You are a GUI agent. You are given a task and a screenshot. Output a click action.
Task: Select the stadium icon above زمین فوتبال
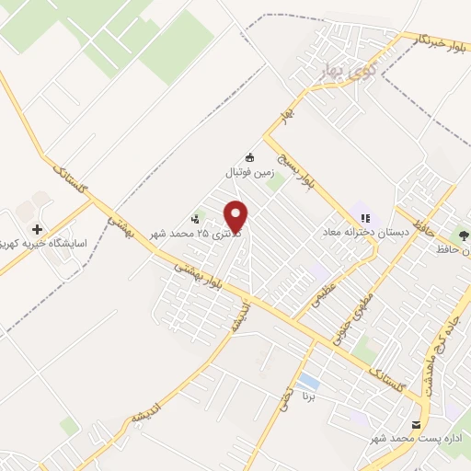pyautogui.click(x=249, y=155)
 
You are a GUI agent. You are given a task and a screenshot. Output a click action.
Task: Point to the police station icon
pyautogui.click(x=195, y=219)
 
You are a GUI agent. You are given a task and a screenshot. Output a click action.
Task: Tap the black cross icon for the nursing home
pyautogui.click(x=37, y=229)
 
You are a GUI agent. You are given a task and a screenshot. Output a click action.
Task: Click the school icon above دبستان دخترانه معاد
pyautogui.click(x=366, y=219)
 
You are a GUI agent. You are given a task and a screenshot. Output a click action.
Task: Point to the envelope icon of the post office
pyautogui.click(x=418, y=425)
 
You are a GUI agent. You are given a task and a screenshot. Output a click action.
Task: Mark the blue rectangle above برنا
pyautogui.click(x=309, y=381)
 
